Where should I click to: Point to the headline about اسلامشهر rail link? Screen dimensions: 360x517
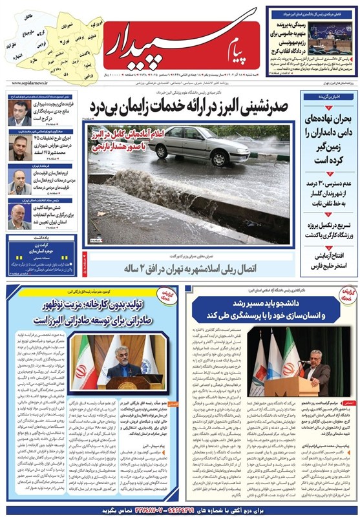(x=194, y=267)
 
